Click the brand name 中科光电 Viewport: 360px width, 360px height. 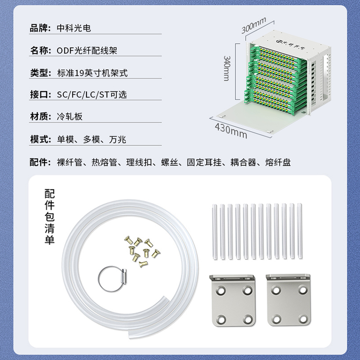click(74, 28)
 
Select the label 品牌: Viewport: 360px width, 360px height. click(40, 28)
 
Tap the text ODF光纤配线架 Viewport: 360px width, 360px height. click(87, 50)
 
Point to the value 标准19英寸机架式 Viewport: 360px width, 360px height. click(92, 73)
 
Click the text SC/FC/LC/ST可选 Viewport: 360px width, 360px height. click(92, 94)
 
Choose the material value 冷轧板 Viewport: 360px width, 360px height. click(70, 117)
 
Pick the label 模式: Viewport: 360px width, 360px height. click(40, 139)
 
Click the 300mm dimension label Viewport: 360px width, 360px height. click(254, 25)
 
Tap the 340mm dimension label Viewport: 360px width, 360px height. click(227, 68)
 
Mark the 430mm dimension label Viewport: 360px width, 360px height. click(231, 130)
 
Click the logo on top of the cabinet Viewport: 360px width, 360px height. click(290, 45)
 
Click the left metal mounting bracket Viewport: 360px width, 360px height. click(233, 300)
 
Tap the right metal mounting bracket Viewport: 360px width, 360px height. click(288, 300)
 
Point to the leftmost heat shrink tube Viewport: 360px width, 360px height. click(215, 232)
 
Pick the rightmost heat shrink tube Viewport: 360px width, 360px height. click(300, 231)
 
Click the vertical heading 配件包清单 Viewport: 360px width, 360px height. click(49, 217)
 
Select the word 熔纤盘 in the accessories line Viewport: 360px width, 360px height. click(278, 162)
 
